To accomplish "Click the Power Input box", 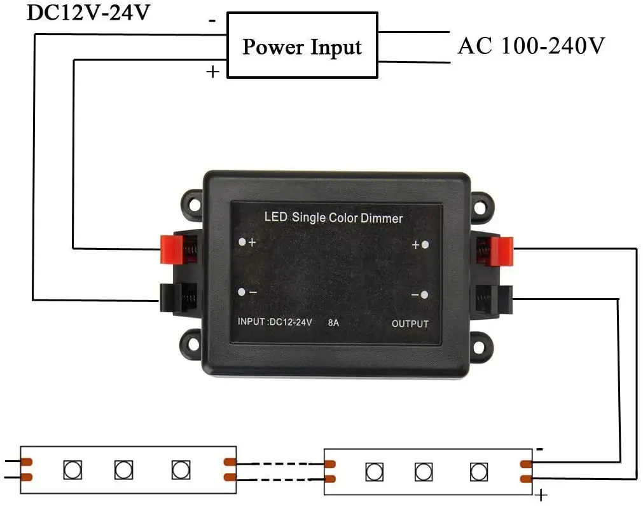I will point(302,47).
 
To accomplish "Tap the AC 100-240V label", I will point(531,46).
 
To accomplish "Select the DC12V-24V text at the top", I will point(88,11).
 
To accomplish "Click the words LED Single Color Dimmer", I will point(333,217).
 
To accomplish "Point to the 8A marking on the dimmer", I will point(333,322).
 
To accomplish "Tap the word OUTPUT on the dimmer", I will point(410,324).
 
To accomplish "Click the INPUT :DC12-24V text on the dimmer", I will point(275,322).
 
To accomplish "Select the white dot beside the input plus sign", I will point(242,242).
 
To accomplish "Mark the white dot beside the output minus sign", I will point(424,294).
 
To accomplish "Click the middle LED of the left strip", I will point(123,470).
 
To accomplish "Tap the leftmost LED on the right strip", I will point(374,472).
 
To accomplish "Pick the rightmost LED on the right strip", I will point(478,472).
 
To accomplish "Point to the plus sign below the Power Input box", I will point(212,72).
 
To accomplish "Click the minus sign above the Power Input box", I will point(212,20).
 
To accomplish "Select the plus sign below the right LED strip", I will point(541,494).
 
